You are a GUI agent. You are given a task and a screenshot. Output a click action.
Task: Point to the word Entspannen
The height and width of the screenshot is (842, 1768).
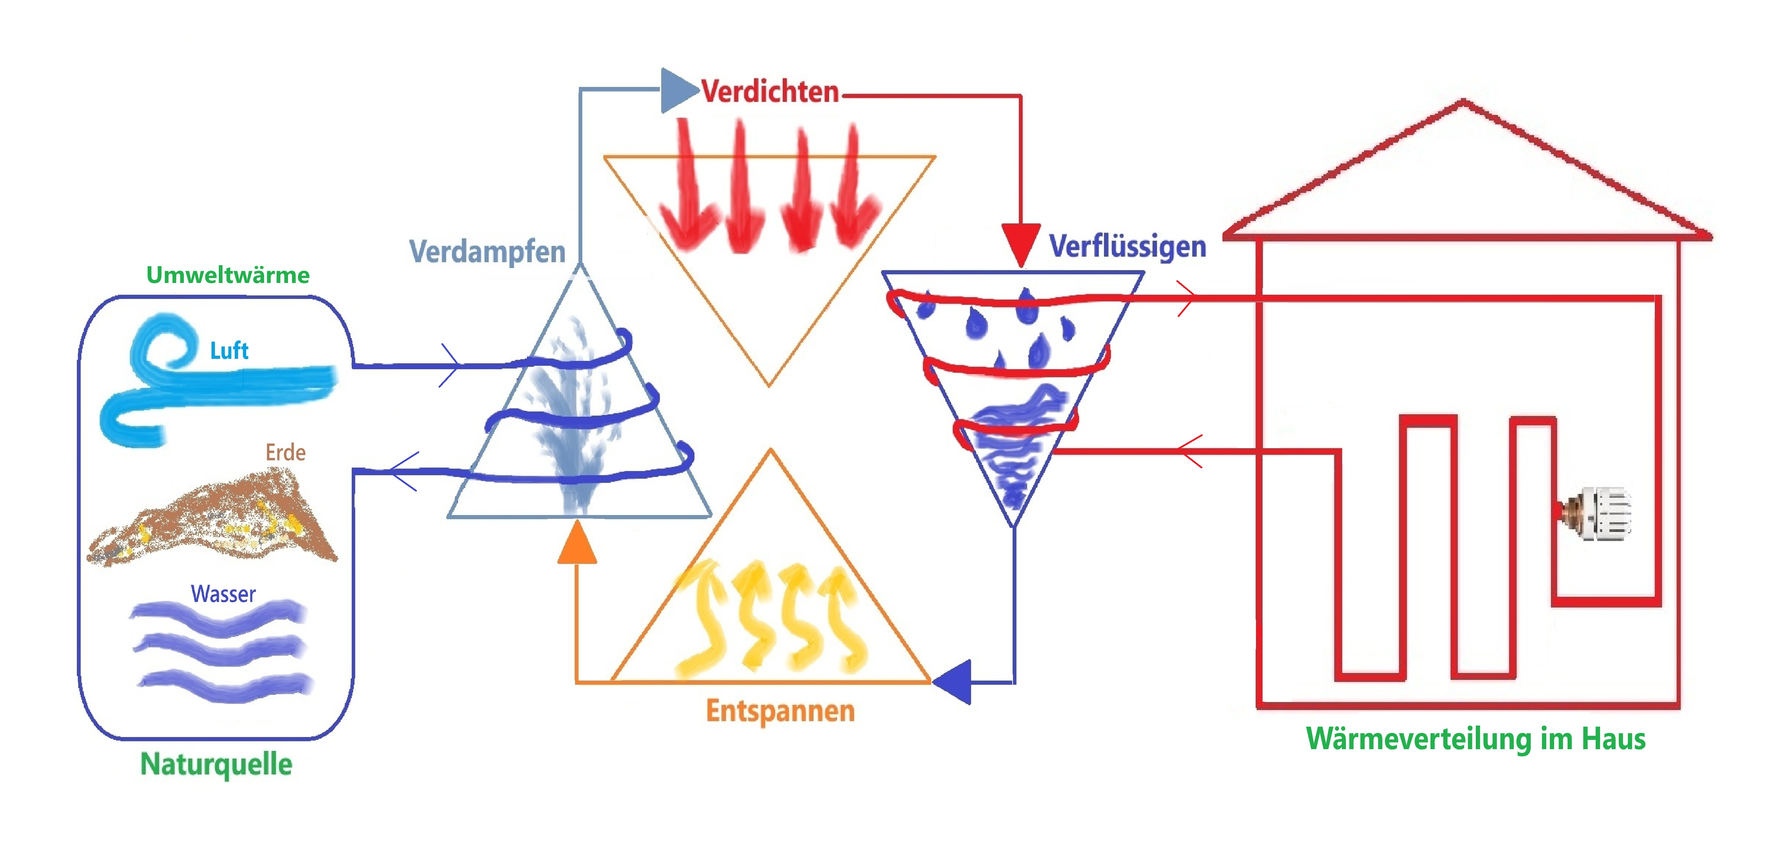pos(780,711)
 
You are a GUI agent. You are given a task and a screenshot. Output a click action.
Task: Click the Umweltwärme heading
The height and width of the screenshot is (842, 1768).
pos(228,275)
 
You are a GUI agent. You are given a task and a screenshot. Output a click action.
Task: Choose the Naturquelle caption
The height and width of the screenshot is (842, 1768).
pos(216,764)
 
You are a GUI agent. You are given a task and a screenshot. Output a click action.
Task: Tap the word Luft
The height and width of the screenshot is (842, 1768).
pos(228,351)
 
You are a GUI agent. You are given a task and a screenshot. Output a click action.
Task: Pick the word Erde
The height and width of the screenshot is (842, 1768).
pos(286,453)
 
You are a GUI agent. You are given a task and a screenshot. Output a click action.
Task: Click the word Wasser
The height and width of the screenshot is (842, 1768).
pos(223,593)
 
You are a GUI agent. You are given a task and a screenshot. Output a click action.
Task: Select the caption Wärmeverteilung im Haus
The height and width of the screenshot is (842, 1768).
pos(1475,739)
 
